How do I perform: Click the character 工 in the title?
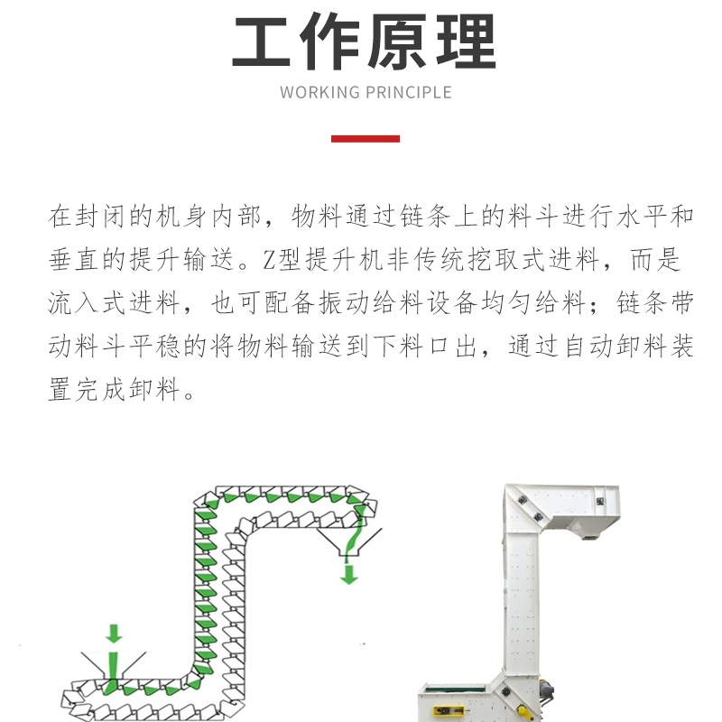[x=261, y=42]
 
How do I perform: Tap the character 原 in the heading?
[x=398, y=42]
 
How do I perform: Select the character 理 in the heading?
[x=466, y=42]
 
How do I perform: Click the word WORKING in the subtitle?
[x=319, y=93]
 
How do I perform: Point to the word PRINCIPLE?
[x=409, y=93]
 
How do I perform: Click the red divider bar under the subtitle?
[x=366, y=139]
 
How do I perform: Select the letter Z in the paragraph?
[x=268, y=260]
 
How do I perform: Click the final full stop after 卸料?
[x=189, y=395]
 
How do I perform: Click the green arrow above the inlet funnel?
[x=114, y=634]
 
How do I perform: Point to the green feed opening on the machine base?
[x=455, y=689]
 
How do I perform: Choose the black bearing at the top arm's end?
[x=600, y=502]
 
